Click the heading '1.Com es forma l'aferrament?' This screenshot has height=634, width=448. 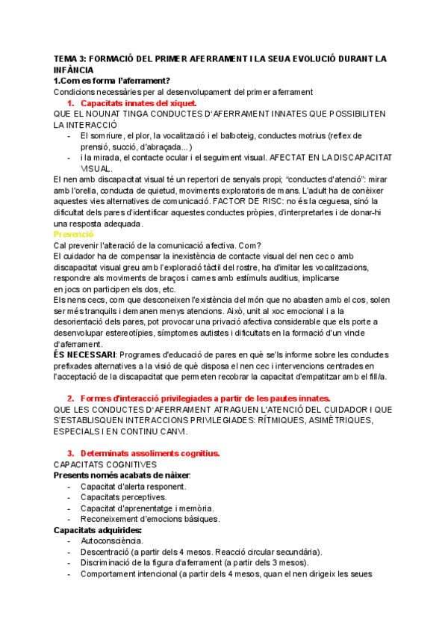pos(111,81)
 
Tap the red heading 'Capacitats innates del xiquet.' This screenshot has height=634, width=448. pos(138,102)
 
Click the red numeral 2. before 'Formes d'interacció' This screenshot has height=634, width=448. pos(70,398)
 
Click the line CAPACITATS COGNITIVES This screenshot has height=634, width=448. pos(105,464)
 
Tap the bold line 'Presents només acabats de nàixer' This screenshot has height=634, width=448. pos(122,475)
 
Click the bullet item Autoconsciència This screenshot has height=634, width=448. pos(112,541)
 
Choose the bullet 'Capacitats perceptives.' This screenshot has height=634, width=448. pos(123,496)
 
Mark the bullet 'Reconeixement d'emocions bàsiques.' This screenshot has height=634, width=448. pos(149,519)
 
